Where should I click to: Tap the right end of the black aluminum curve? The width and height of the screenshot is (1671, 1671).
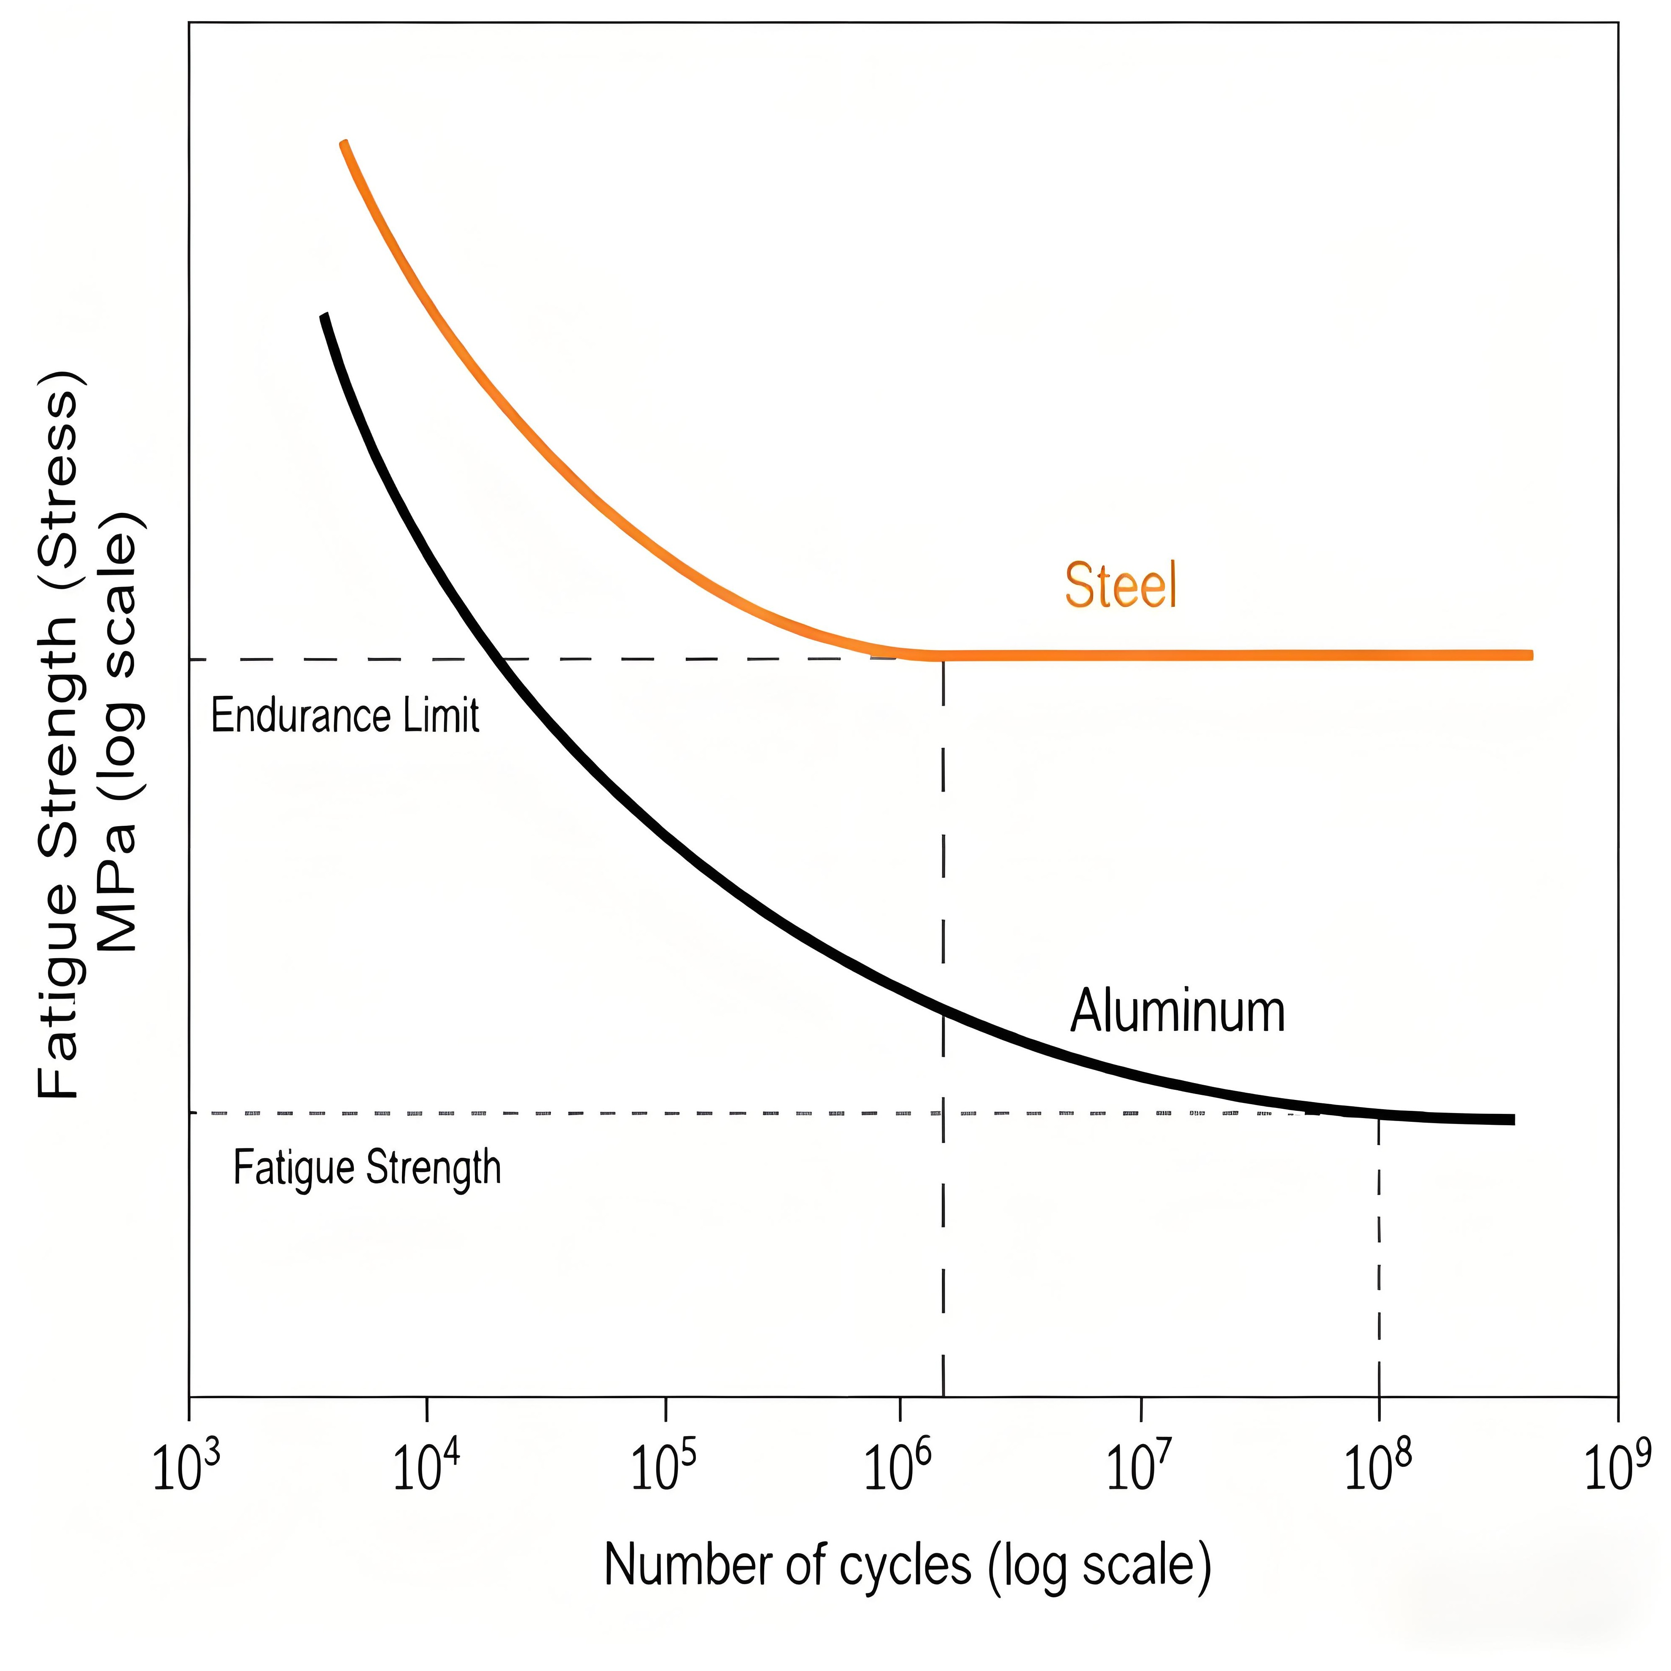coord(1512,1119)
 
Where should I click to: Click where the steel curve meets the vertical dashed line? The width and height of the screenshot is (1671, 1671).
coord(943,655)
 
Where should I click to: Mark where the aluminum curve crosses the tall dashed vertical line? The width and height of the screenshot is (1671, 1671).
coord(943,1009)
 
